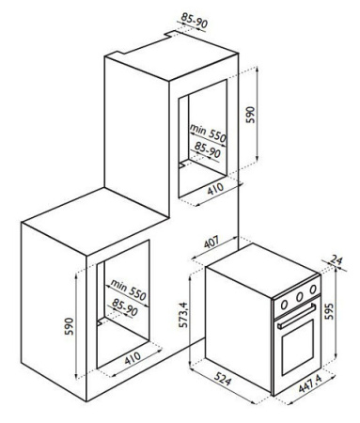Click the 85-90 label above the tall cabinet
195,20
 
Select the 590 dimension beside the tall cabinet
251,115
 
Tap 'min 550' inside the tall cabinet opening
208,133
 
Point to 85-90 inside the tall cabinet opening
208,149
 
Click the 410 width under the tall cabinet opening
215,189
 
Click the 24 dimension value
337,260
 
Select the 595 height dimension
329,311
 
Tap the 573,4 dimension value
182,315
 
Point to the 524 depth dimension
223,380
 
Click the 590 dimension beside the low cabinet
69,326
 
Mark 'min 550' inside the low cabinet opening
128,290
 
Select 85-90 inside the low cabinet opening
125,307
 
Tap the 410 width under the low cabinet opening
133,358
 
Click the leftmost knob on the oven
285,304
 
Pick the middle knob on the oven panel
300,296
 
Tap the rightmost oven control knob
313,289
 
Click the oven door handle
296,316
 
